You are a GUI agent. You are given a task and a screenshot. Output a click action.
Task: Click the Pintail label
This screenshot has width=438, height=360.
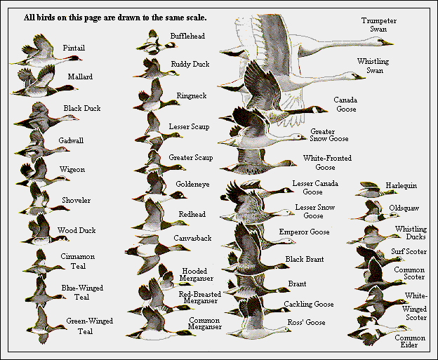[x=74, y=47]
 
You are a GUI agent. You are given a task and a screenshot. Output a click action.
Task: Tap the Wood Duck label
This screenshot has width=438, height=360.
[x=77, y=230]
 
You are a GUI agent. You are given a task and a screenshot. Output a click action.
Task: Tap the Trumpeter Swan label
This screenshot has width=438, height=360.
[x=379, y=25]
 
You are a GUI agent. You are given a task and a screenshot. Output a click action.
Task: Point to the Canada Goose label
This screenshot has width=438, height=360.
[x=345, y=104]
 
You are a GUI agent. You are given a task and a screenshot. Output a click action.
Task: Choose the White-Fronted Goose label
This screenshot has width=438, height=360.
[x=327, y=163]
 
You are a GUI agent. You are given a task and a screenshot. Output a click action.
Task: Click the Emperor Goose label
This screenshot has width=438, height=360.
[x=304, y=232]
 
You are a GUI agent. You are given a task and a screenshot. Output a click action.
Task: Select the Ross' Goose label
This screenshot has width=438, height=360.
[x=305, y=323]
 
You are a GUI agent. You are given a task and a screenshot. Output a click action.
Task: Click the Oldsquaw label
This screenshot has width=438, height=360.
[x=404, y=208]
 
